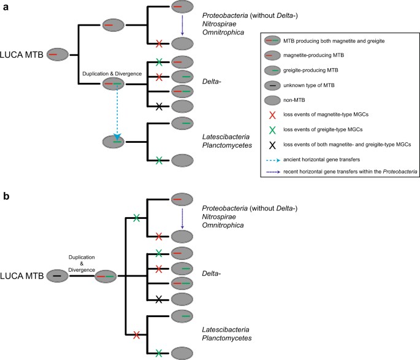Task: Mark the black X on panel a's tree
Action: click(x=159, y=106)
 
